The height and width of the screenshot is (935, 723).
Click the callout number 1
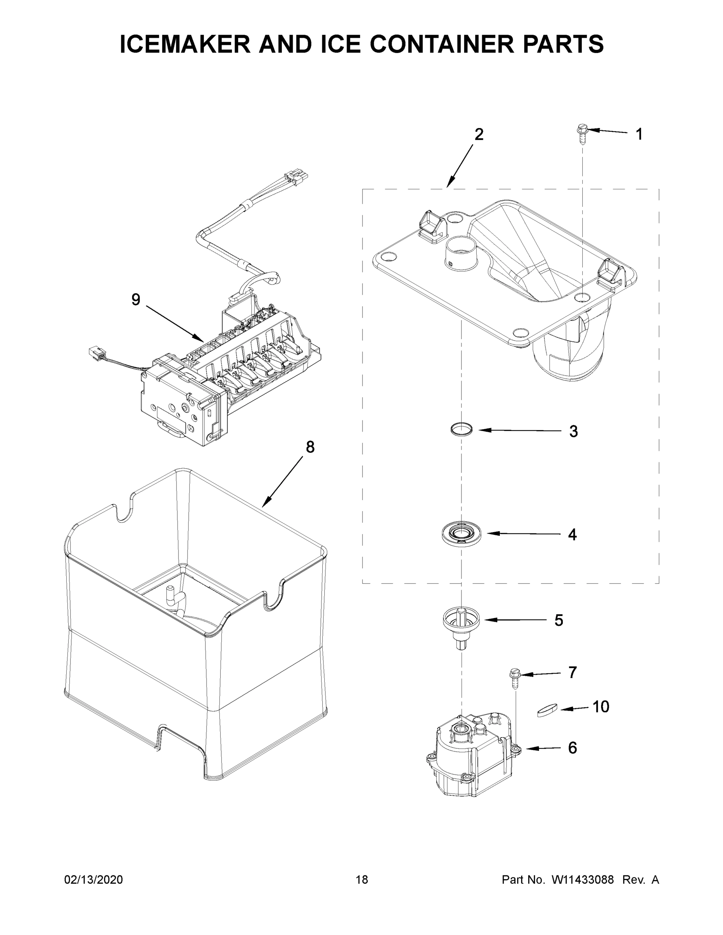coord(639,134)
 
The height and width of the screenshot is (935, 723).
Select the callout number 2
coord(479,134)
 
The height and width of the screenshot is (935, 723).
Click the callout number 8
coord(310,447)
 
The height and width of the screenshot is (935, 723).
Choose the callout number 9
coord(136,300)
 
